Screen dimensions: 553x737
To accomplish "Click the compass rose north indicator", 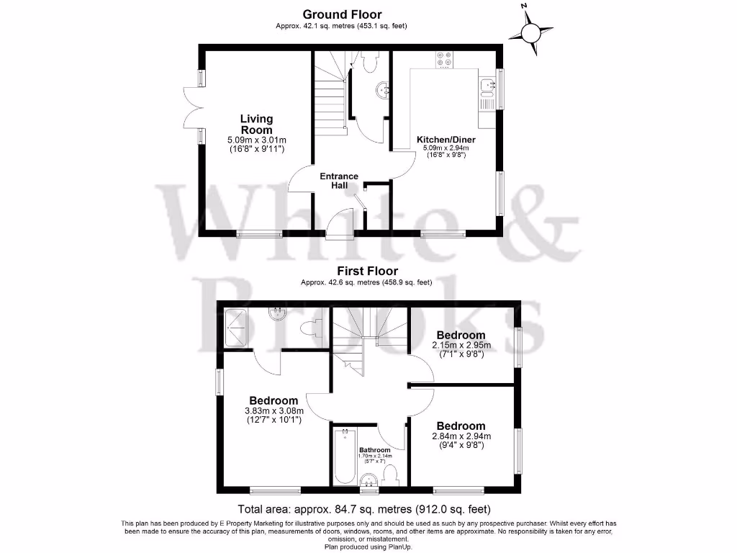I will [532, 32].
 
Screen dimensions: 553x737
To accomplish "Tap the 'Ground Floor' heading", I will [342, 14].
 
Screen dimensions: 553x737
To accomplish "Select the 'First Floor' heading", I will [368, 271].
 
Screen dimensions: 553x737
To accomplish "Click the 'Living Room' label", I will [256, 124].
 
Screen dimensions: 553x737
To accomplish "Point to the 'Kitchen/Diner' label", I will [446, 140].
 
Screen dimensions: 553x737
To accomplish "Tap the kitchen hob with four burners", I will [444, 60].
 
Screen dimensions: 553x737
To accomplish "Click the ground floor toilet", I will [371, 63].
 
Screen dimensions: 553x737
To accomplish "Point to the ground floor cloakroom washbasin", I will [382, 91].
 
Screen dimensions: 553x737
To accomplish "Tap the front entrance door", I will [339, 223].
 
